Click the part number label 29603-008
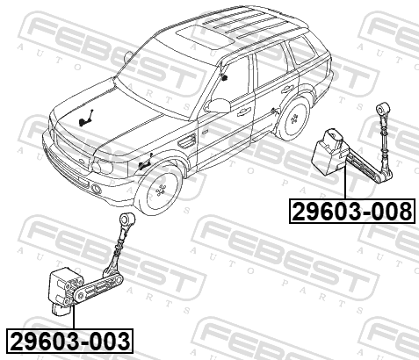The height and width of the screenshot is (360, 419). click(352, 212)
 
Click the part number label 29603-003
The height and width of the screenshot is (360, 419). click(69, 341)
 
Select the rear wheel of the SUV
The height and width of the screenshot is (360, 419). click(293, 119)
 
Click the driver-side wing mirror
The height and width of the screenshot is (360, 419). click(217, 105)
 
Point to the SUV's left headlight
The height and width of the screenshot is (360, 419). click(102, 165)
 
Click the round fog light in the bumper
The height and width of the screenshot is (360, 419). click(96, 189)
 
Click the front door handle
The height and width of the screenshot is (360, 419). click(244, 111)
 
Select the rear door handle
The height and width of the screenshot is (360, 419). click(287, 89)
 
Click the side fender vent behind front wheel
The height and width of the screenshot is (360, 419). click(186, 140)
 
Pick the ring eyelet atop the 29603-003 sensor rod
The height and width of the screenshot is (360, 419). click(127, 219)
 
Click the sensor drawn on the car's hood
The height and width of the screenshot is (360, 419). click(86, 118)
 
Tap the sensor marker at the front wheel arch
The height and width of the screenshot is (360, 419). click(145, 162)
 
